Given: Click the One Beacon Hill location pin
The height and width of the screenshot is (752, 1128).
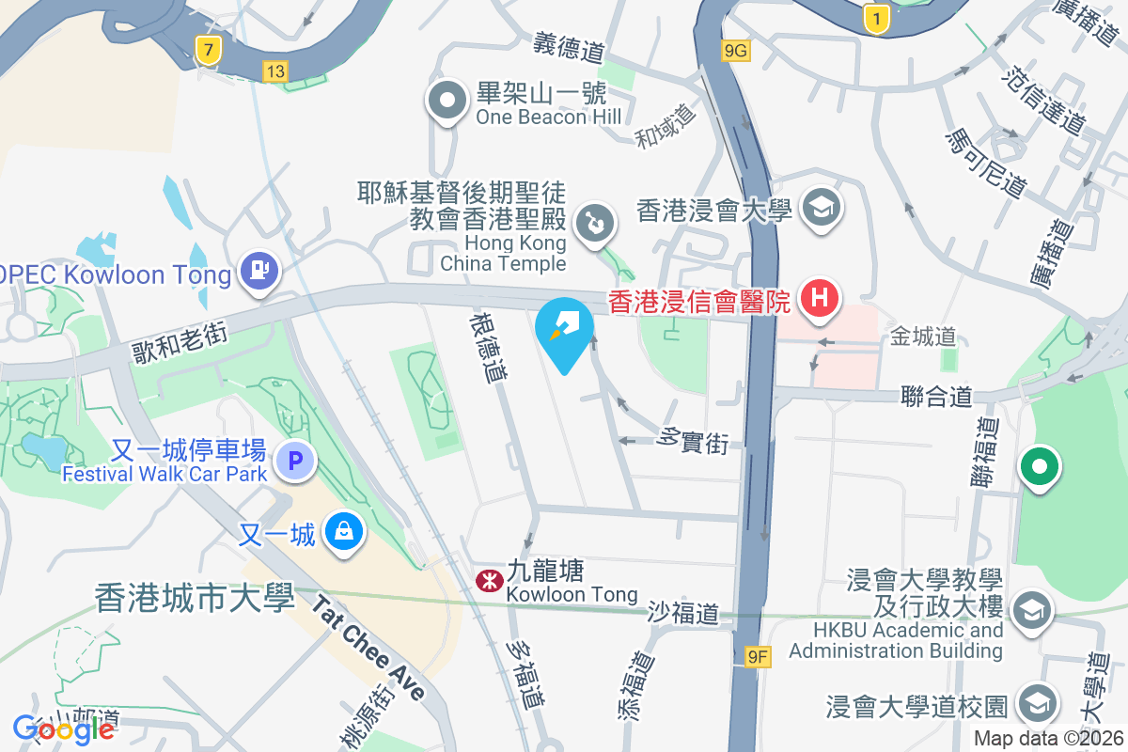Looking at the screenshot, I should (x=448, y=101).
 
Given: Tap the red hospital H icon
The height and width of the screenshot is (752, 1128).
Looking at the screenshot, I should (x=819, y=299).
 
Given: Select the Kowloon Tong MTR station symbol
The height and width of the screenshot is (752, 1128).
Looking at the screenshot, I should (x=488, y=581).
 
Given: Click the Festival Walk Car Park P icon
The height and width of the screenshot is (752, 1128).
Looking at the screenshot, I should (x=295, y=461).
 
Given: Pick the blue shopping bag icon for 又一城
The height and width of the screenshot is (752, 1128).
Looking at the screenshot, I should (x=344, y=533).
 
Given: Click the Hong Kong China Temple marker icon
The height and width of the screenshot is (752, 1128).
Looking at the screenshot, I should (x=596, y=224).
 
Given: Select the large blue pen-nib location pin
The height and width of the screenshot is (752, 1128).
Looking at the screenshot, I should (x=564, y=330).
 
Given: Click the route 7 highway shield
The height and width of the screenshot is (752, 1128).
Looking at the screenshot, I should (x=208, y=50).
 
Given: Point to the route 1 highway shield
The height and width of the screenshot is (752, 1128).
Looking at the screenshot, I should (x=876, y=19).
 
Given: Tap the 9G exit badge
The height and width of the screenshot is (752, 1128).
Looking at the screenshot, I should (x=736, y=52).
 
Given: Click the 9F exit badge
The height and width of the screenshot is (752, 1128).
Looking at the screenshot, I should (x=758, y=657).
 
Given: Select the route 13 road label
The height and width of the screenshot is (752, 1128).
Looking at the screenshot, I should (x=275, y=71).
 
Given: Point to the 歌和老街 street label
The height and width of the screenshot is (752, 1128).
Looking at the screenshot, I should (x=180, y=338).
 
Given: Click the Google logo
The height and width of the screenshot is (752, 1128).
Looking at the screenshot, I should (x=64, y=728).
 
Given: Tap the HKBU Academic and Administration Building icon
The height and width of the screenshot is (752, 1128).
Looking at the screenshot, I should (x=1031, y=609).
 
